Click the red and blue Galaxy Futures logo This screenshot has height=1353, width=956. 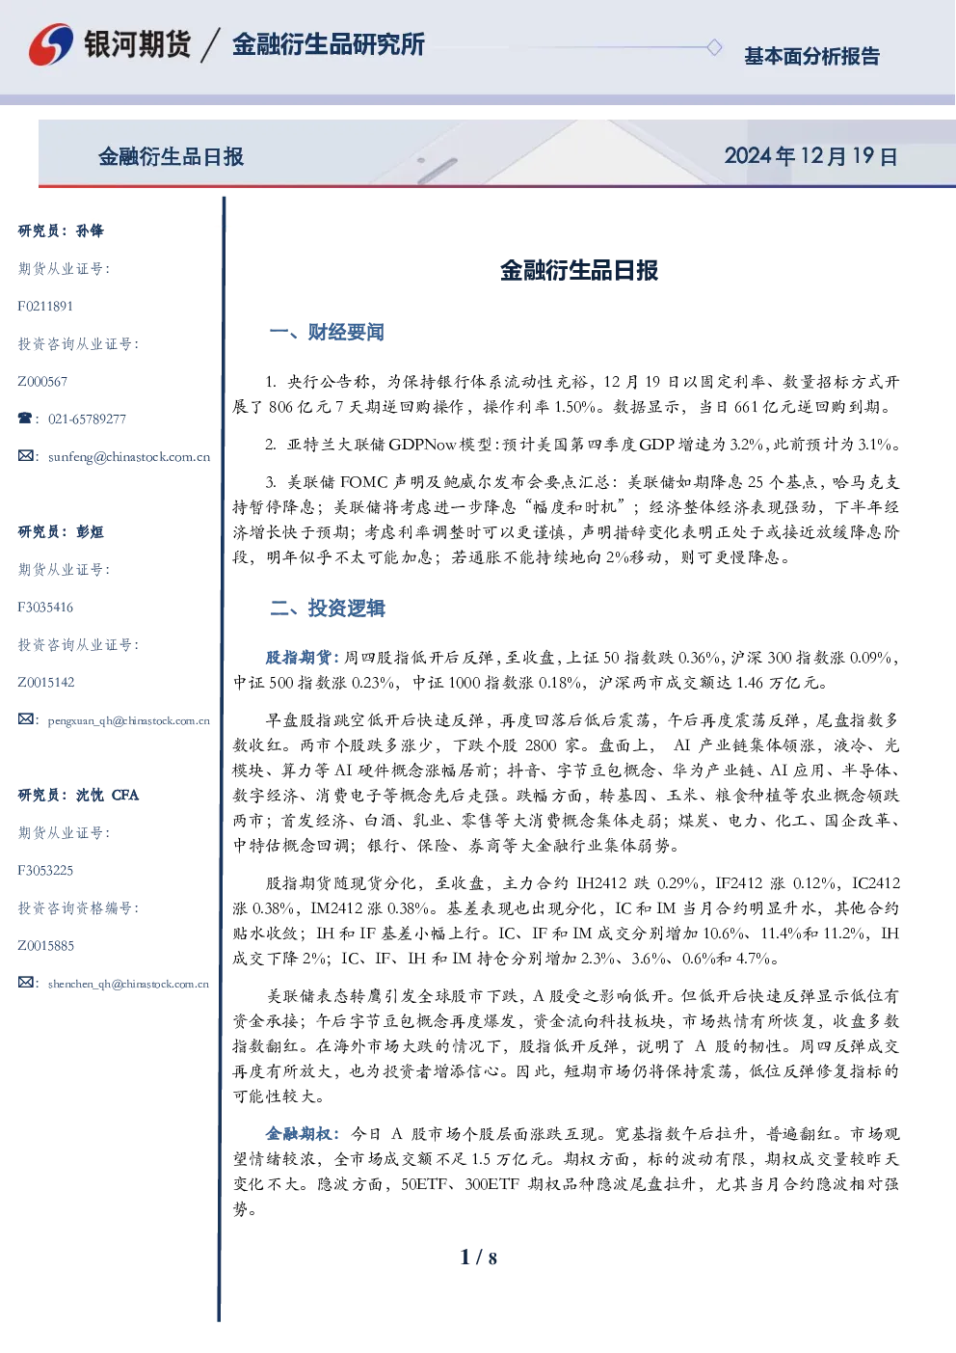tap(51, 44)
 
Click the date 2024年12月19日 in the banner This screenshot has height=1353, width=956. tap(810, 156)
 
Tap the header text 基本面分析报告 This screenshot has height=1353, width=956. tap(811, 56)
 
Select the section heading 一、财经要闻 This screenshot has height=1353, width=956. tap(327, 332)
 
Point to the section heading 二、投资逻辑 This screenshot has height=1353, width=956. tap(327, 608)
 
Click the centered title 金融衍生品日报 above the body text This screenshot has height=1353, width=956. tap(579, 270)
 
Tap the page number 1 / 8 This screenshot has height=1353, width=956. tap(478, 1258)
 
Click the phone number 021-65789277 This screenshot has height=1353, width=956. tap(87, 419)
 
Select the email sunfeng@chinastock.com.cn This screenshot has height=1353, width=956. tap(129, 457)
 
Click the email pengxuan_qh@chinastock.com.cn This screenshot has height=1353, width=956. tap(128, 720)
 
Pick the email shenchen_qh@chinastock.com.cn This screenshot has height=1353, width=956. tap(128, 984)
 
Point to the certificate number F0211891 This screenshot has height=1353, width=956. tap(45, 307)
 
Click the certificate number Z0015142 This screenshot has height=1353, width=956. tap(46, 683)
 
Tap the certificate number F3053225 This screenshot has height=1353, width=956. tap(45, 871)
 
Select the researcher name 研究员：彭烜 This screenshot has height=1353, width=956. tap(61, 531)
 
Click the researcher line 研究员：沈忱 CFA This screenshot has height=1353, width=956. tap(78, 795)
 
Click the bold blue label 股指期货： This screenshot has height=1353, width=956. tap(304, 657)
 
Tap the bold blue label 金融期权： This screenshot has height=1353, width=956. tap(304, 1134)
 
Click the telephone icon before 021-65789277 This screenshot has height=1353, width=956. tap(25, 418)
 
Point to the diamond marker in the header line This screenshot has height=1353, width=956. tap(714, 47)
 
